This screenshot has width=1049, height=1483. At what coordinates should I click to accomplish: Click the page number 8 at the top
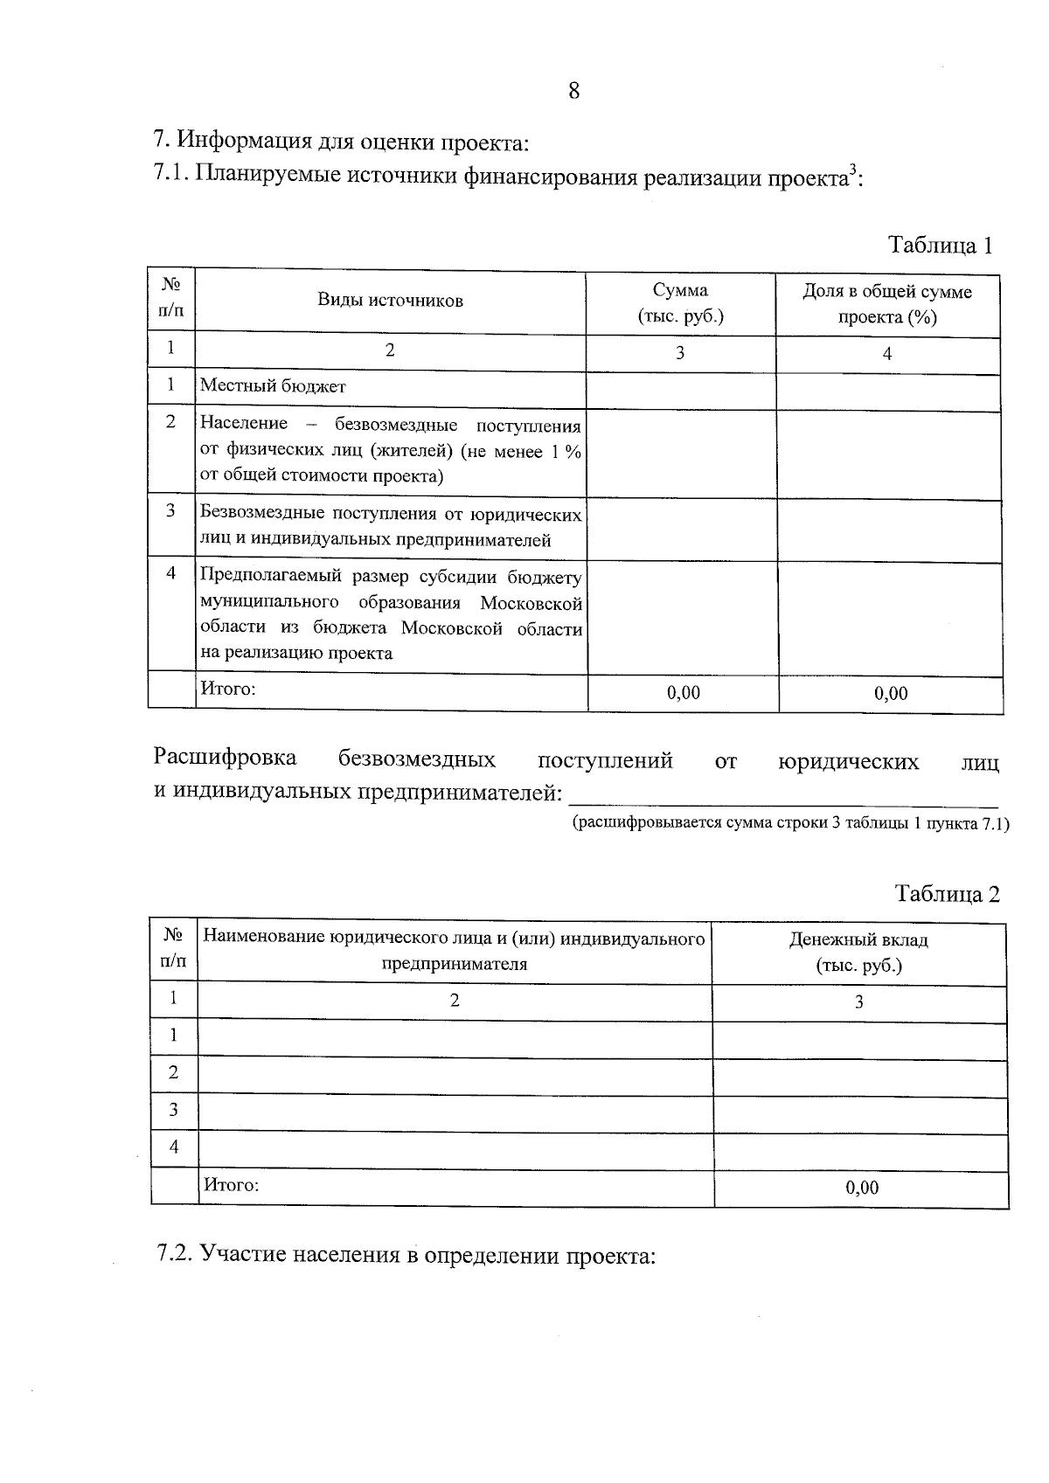pyautogui.click(x=573, y=91)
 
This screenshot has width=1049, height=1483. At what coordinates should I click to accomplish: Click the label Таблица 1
pyautogui.click(x=941, y=245)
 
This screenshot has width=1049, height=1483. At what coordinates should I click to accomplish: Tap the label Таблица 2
pyautogui.click(x=947, y=894)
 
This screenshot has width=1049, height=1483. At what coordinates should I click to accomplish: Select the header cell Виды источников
pyautogui.click(x=390, y=301)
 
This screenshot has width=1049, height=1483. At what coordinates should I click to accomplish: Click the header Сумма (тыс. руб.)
pyautogui.click(x=680, y=303)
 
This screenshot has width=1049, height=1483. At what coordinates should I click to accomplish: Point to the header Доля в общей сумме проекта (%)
pyautogui.click(x=887, y=304)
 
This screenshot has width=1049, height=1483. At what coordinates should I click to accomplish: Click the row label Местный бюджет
pyautogui.click(x=273, y=385)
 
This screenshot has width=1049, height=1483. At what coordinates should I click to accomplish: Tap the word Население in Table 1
pyautogui.click(x=244, y=424)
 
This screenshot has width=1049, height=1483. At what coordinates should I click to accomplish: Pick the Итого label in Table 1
pyautogui.click(x=228, y=689)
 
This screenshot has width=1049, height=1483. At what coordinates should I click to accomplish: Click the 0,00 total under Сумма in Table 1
pyautogui.click(x=683, y=693)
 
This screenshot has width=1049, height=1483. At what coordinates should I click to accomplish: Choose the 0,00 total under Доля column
pyautogui.click(x=891, y=694)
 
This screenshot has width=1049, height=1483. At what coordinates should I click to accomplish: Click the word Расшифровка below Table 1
pyautogui.click(x=225, y=758)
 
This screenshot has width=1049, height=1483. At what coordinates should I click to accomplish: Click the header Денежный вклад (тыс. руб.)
pyautogui.click(x=858, y=953)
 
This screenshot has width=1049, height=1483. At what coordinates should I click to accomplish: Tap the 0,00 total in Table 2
pyautogui.click(x=862, y=1188)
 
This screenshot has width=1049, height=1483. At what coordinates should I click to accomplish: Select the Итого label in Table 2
pyautogui.click(x=232, y=1186)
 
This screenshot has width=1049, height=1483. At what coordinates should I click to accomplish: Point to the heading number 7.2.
pyautogui.click(x=174, y=1255)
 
